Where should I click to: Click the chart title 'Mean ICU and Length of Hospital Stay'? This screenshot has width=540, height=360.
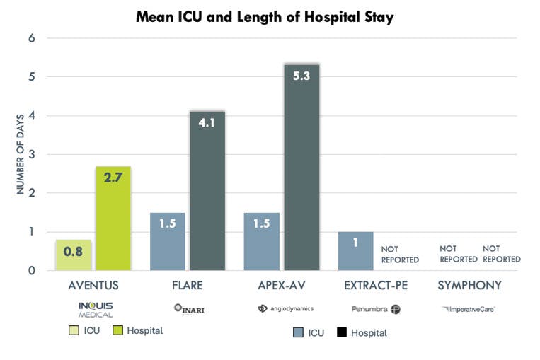coord(265,18)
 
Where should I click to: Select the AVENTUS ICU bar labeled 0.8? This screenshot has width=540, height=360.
coord(74,255)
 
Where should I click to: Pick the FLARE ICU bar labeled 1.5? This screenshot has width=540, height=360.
coord(168,241)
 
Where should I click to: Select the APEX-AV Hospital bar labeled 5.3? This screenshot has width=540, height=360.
coord(301,168)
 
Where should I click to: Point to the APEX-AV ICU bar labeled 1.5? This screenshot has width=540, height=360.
coord(262,241)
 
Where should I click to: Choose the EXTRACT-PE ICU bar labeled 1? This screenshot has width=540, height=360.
coord(355,251)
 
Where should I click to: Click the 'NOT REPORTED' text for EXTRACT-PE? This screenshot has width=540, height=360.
coord(400,255)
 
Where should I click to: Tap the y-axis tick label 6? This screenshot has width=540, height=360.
coord(32,38)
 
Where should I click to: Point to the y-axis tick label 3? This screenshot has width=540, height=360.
coord(32,154)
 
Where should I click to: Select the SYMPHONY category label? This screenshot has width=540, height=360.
coord(469,286)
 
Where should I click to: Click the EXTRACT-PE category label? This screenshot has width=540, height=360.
coord(375,286)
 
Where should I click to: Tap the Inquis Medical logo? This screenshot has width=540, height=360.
coord(95,309)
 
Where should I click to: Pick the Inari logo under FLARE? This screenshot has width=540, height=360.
coord(188,309)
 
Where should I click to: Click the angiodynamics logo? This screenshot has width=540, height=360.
coord(286,309)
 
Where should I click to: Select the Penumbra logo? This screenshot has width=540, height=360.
coord(376,309)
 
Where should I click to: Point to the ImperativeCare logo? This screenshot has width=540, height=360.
coord(468,309)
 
